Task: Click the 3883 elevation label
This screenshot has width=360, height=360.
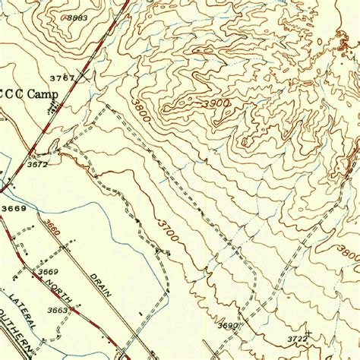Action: coord(77,17)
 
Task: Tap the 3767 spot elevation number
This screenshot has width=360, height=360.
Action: coord(62,77)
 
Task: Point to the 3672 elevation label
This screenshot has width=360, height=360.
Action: coord(38,164)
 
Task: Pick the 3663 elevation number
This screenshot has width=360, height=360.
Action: coord(58,310)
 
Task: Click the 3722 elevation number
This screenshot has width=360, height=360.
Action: coord(297,338)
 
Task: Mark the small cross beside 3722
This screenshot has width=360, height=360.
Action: coord(309,333)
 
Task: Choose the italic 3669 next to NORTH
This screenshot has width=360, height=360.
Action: coord(48,272)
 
